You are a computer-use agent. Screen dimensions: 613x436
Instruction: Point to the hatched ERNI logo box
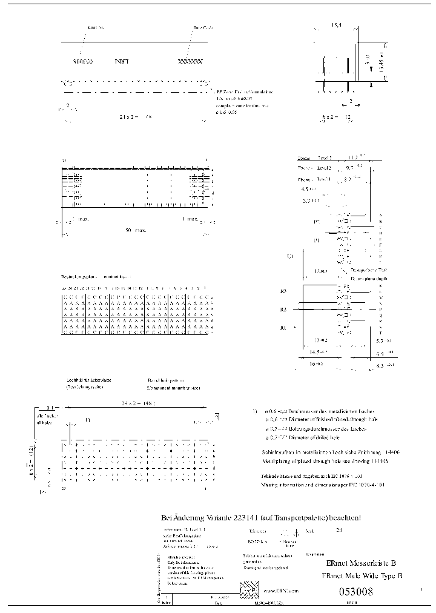249,589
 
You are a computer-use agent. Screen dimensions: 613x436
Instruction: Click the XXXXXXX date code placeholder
190,62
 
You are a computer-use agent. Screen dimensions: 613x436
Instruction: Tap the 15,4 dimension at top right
335,25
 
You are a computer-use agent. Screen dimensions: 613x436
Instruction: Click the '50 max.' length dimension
136,231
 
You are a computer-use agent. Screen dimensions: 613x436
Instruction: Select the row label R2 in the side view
283,310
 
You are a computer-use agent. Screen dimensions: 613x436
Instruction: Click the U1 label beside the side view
289,257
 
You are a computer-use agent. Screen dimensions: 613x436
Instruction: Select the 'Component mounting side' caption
173,386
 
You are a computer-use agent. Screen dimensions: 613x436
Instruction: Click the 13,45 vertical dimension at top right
380,62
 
